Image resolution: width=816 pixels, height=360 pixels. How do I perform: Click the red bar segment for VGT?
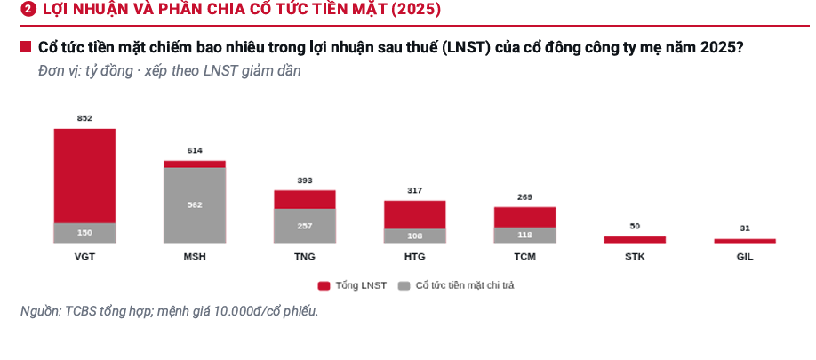[x=84, y=176]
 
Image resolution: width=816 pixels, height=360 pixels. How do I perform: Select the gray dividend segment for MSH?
[x=195, y=205]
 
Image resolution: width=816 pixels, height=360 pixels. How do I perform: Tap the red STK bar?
[x=635, y=240]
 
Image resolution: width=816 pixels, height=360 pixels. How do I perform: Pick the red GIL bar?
[x=745, y=241]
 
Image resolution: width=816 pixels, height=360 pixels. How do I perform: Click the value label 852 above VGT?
[x=84, y=118]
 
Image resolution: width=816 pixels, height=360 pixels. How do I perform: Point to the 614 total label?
[x=195, y=150]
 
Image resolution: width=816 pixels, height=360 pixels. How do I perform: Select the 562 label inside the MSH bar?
[x=195, y=205]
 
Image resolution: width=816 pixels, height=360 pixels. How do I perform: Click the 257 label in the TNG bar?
[x=305, y=226]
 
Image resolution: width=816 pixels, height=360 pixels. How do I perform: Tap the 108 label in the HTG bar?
[x=415, y=236]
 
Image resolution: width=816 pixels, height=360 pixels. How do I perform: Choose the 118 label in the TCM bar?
[x=525, y=235]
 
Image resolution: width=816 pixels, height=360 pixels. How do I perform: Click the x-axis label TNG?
[x=305, y=257]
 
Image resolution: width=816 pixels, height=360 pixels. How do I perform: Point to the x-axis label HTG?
[x=415, y=257]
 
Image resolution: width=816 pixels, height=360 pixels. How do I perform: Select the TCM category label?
[x=525, y=257]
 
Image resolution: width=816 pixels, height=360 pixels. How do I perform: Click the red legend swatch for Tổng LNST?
[x=324, y=285]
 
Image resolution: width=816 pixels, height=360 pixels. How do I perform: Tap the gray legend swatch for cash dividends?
[x=404, y=285]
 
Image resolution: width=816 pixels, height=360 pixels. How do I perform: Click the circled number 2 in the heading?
[x=28, y=10]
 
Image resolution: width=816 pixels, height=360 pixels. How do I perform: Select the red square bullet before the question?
[x=26, y=47]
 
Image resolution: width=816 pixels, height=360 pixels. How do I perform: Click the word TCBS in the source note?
[x=81, y=311]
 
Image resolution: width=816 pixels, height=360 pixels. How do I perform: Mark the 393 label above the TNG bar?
[x=305, y=180]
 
